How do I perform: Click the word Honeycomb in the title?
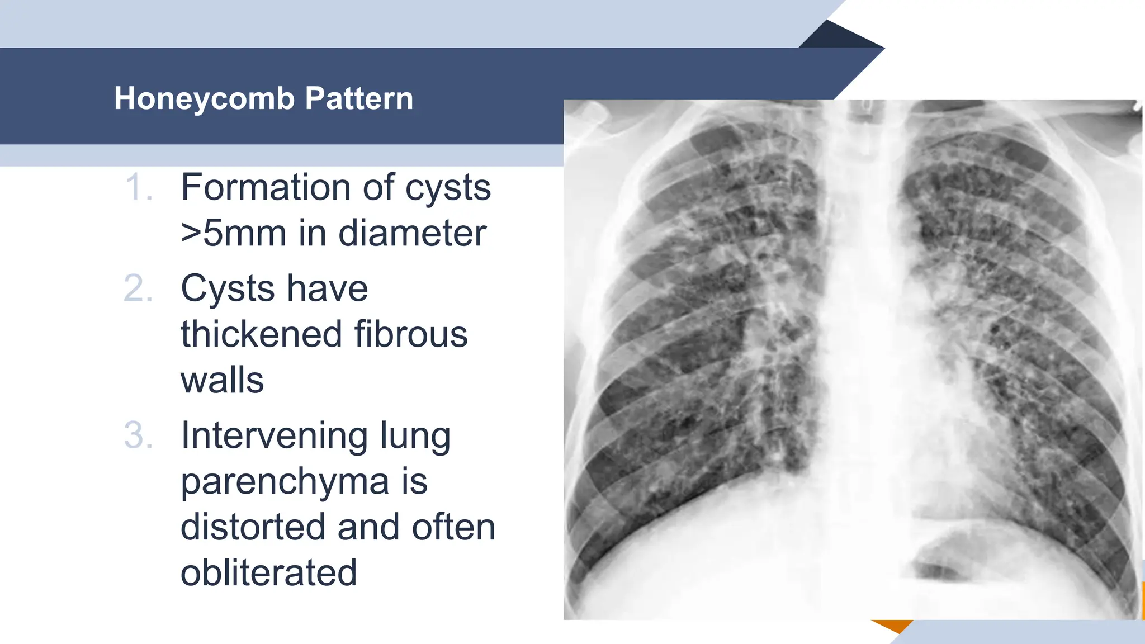tap(204, 99)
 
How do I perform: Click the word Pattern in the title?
tap(359, 99)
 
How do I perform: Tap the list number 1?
tap(138, 187)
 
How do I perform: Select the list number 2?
tap(138, 289)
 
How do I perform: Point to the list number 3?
tap(138, 435)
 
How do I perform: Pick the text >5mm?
tap(234, 233)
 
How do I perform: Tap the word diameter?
tap(412, 233)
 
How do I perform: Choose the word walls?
tap(222, 381)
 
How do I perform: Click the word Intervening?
tap(275, 435)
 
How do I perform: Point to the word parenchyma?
tap(285, 482)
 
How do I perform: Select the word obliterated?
tap(268, 573)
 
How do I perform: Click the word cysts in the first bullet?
tap(448, 188)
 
